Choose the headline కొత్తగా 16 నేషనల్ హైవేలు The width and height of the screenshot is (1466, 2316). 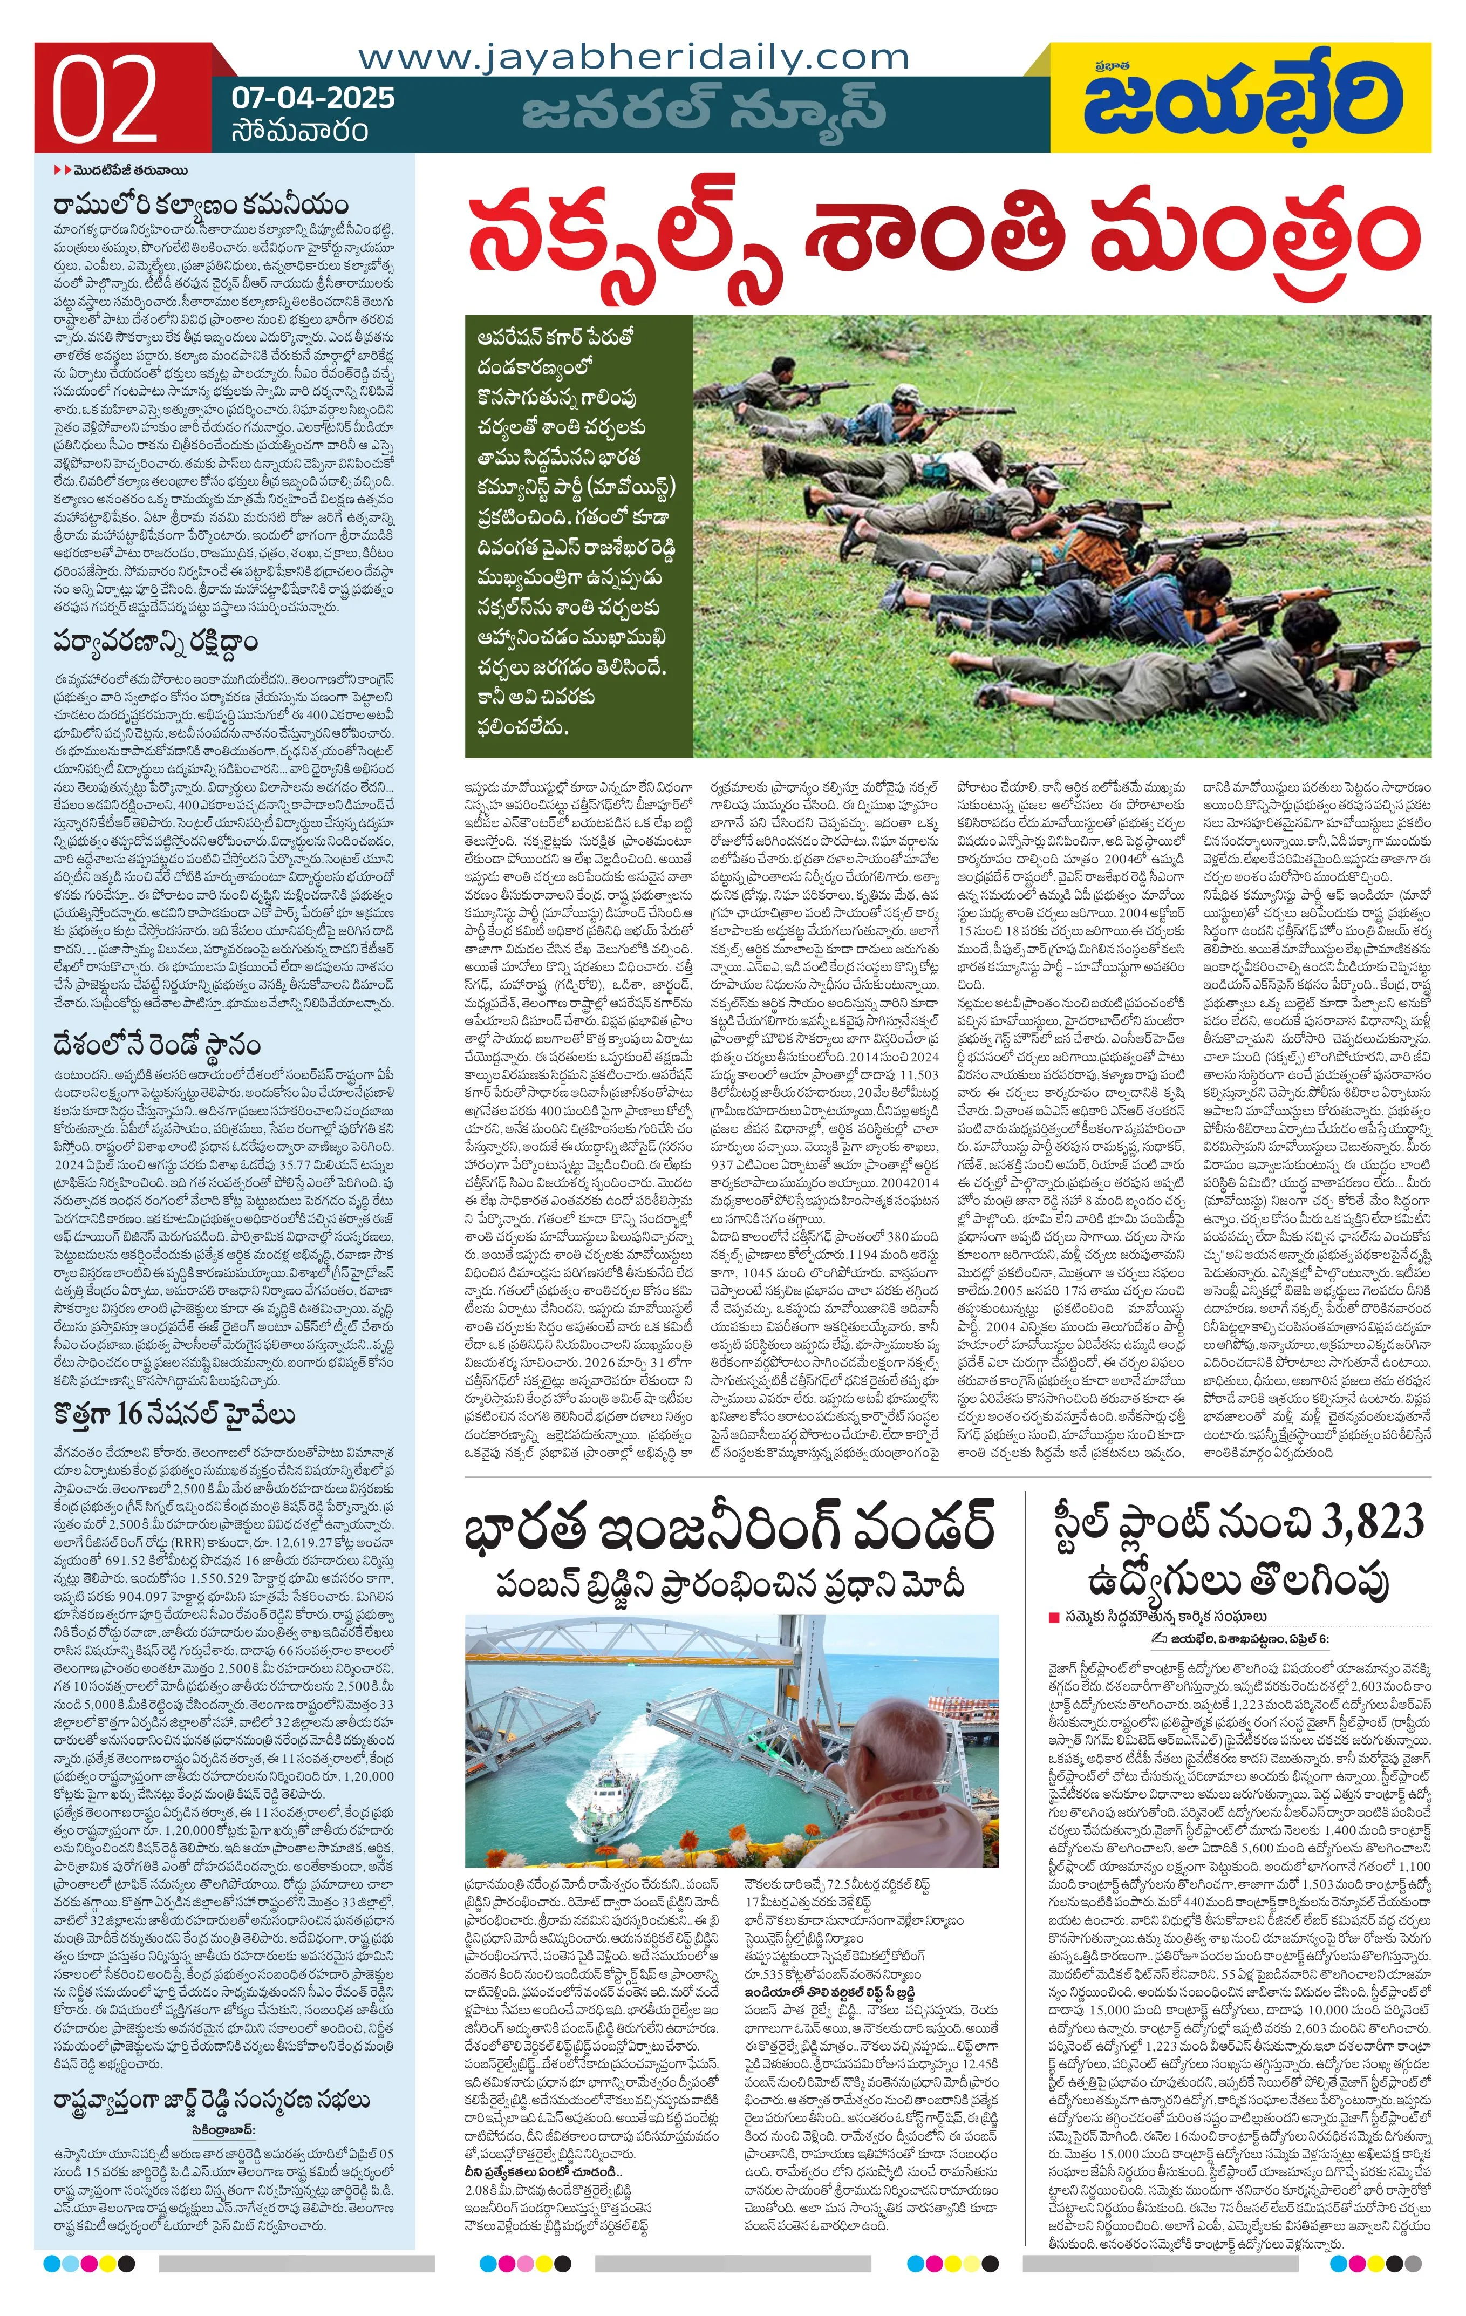(173, 1414)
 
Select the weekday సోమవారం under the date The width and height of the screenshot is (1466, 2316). (299, 130)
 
